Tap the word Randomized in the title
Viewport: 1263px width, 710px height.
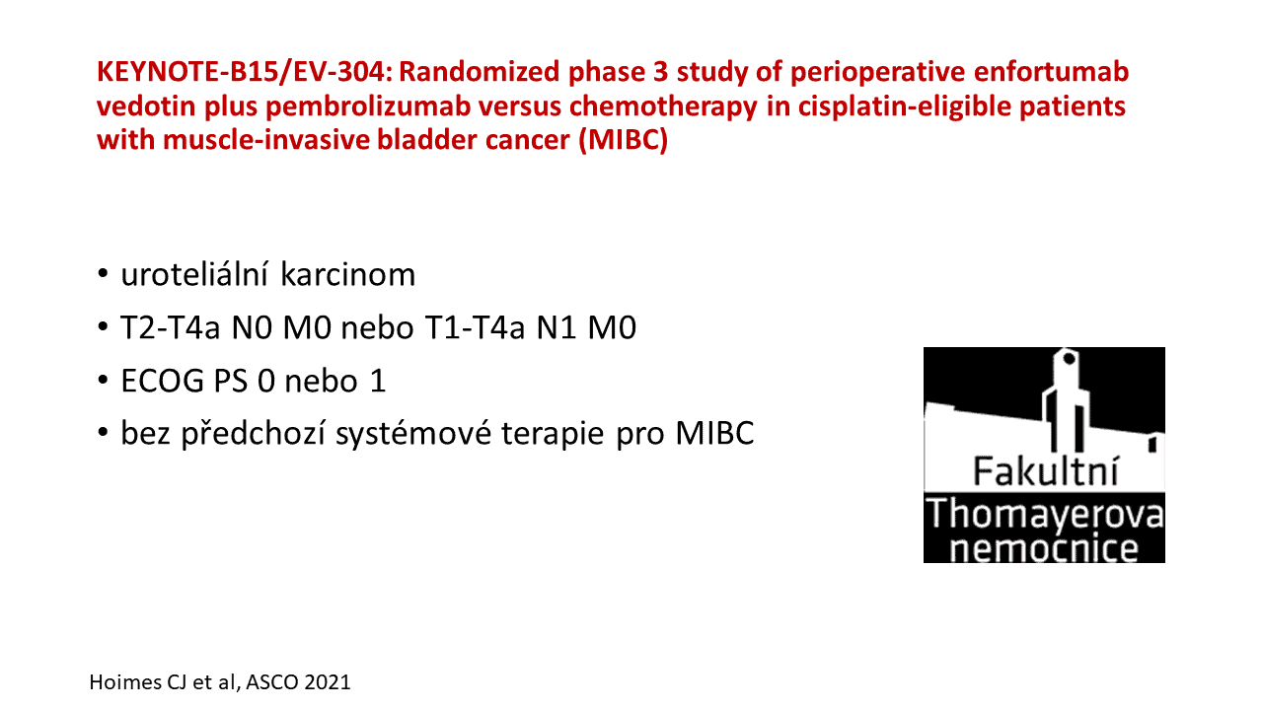click(480, 72)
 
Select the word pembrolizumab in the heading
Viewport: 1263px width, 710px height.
click(368, 106)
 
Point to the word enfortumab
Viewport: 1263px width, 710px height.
click(1051, 72)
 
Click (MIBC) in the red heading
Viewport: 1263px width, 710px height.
click(623, 141)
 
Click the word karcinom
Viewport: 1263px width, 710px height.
click(348, 274)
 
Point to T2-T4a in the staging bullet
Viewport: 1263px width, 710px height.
click(170, 327)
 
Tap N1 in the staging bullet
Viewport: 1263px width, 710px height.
click(557, 327)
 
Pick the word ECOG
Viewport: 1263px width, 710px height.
click(163, 381)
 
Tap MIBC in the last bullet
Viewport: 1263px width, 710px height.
click(715, 433)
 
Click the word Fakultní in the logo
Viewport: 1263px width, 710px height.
click(1046, 471)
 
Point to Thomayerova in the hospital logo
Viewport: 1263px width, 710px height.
click(1044, 514)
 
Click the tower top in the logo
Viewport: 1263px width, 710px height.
click(1068, 357)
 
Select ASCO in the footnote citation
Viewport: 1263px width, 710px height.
click(273, 682)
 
